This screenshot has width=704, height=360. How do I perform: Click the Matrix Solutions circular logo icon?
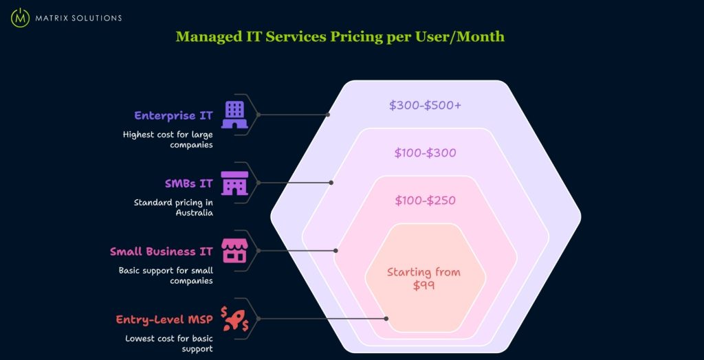tap(20, 17)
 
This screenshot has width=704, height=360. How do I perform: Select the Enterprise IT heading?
tap(173, 115)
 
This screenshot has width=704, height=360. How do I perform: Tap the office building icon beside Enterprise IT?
tap(234, 115)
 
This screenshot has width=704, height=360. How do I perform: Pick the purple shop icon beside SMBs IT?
tap(234, 183)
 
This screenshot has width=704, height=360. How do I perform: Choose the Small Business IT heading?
tap(162, 251)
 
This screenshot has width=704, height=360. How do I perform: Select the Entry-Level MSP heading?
tap(164, 319)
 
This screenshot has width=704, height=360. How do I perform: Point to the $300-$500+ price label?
tap(425, 105)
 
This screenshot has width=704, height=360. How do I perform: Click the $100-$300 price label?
tap(425, 153)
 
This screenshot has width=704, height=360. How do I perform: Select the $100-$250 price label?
tap(425, 201)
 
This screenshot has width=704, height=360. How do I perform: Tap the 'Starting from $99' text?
tap(423, 278)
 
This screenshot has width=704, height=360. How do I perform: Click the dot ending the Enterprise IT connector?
tap(328, 115)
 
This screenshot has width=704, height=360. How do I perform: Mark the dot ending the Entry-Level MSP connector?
tap(386, 319)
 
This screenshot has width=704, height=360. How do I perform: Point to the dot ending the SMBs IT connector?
tap(331, 183)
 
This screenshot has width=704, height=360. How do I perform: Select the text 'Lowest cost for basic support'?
tap(169, 344)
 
